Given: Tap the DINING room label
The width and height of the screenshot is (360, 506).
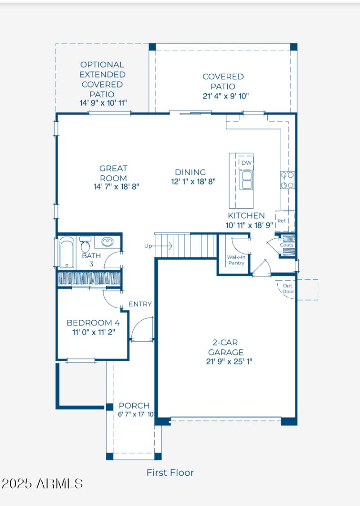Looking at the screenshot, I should (190, 172).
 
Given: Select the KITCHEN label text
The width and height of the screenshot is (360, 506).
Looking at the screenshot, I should (246, 215).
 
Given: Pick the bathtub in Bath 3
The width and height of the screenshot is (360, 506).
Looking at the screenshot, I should (67, 252).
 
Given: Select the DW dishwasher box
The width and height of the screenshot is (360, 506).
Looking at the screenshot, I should (246, 162).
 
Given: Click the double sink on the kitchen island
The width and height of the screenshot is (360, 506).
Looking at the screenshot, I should (246, 180).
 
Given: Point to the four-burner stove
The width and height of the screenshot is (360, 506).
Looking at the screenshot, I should (288, 180).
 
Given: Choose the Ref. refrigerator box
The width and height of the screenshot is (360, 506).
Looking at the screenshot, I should (282, 220).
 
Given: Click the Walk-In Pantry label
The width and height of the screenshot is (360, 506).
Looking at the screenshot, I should (236, 260).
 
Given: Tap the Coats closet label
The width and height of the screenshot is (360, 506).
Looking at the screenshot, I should (287, 245).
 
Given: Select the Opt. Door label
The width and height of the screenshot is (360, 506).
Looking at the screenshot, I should (288, 288).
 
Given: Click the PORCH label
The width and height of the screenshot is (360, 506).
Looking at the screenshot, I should (134, 406).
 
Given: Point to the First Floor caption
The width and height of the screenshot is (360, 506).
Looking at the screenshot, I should (170, 472).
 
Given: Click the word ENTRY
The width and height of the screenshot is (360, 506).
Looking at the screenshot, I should (140, 304).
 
